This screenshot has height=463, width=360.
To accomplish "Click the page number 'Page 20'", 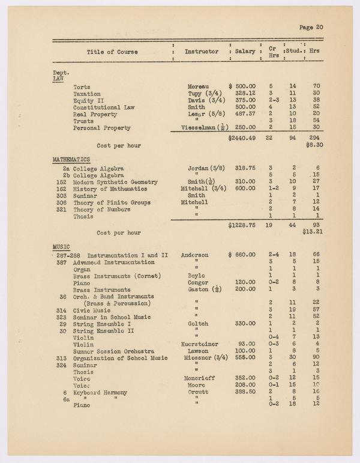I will (x=311, y=26).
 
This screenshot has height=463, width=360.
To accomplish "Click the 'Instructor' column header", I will (x=201, y=52).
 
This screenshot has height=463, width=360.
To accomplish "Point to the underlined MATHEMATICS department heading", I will (x=71, y=159).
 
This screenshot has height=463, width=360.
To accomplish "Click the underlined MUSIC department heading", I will (x=61, y=246).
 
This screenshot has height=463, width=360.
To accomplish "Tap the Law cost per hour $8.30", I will (x=314, y=145).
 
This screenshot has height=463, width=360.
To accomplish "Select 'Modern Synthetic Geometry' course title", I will (x=115, y=182).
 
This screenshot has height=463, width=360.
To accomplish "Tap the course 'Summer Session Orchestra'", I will (x=113, y=351).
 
